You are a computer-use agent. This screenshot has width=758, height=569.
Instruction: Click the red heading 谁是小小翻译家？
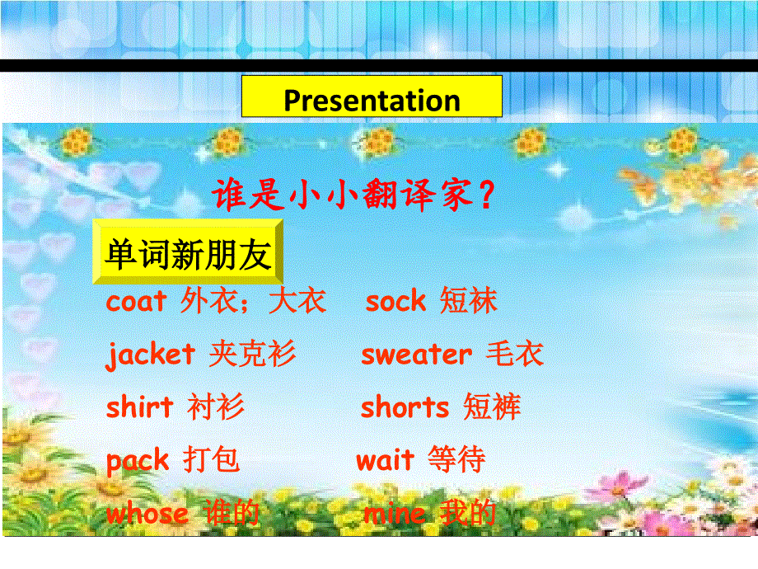click(x=353, y=195)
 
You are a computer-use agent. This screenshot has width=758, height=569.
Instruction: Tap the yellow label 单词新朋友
click(x=188, y=255)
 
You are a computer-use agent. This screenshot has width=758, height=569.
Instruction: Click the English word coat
click(x=137, y=302)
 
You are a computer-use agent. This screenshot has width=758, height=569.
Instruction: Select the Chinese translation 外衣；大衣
click(x=253, y=302)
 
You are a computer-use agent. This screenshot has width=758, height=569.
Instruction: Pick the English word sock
click(x=395, y=302)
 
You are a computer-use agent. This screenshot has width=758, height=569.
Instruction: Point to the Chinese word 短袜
click(x=469, y=302)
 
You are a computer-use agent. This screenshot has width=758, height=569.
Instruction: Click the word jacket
click(x=151, y=355)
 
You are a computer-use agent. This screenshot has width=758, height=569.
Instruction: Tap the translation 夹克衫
click(x=252, y=355)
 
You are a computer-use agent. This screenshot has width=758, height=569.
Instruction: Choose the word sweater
click(x=416, y=355)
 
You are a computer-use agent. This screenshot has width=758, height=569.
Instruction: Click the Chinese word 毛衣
click(x=515, y=355)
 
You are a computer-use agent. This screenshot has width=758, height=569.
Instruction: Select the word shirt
click(x=140, y=407)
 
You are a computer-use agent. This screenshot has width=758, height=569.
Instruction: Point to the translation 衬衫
click(x=216, y=407)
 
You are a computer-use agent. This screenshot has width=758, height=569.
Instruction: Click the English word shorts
click(x=405, y=407)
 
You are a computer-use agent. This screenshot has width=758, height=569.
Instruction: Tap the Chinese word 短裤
click(x=492, y=407)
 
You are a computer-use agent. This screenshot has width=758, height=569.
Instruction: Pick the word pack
click(x=138, y=460)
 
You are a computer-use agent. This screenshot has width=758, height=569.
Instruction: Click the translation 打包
click(x=212, y=460)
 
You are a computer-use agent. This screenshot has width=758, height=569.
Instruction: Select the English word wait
click(x=385, y=460)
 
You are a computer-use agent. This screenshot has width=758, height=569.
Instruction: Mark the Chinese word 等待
click(x=456, y=460)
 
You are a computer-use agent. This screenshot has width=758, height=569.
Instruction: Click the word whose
click(x=147, y=515)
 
